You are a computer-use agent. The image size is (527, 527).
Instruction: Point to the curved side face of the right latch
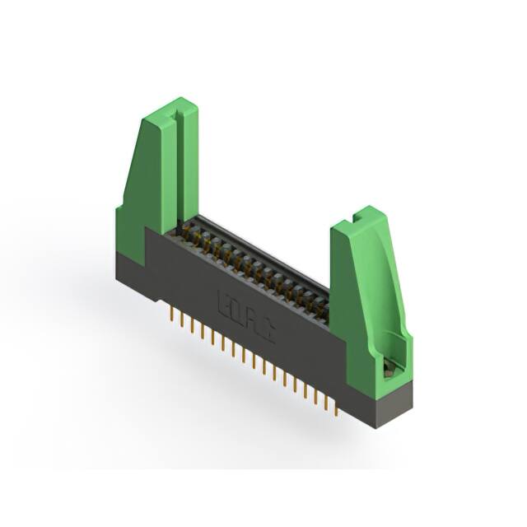(x=387, y=280)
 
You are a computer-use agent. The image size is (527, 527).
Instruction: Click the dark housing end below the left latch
(x=130, y=276)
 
